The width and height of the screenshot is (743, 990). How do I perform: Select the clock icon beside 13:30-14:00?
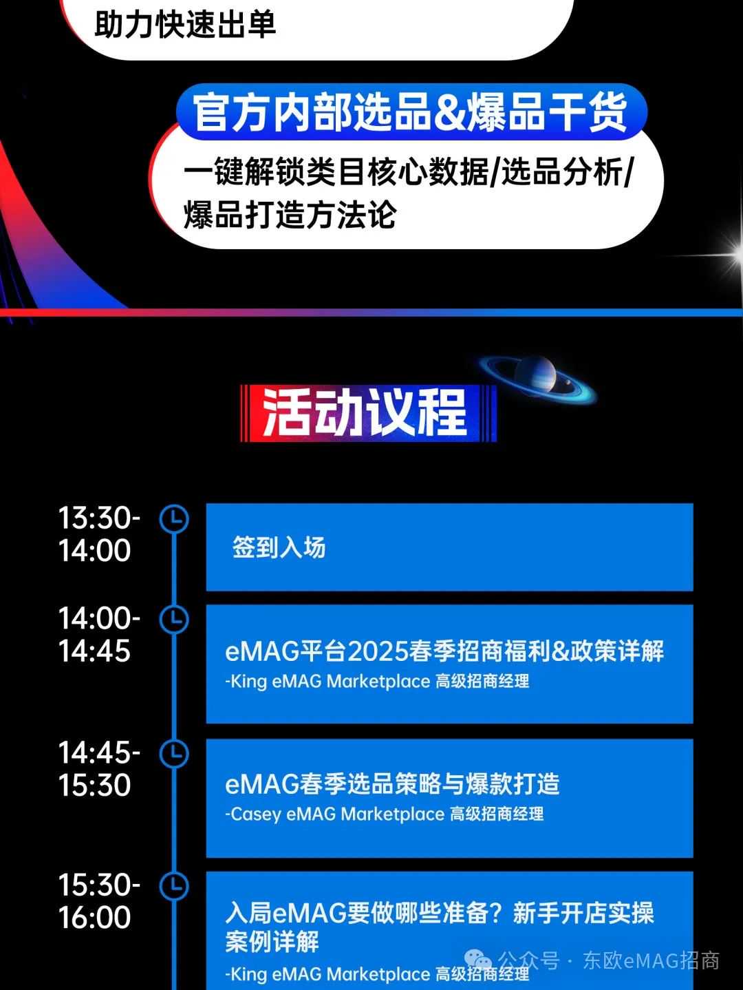[x=174, y=519]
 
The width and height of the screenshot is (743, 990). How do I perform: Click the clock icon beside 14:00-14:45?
[x=174, y=619]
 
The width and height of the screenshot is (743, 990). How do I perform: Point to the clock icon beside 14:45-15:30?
[x=174, y=753]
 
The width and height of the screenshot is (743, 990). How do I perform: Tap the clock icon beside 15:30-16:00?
[x=174, y=885]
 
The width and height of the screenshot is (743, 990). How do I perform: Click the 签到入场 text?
[x=279, y=548]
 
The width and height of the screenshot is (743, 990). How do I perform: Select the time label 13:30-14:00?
[x=98, y=534]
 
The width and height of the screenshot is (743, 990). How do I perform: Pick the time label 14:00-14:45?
[x=98, y=635]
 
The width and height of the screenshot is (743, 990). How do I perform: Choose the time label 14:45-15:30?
[x=98, y=769]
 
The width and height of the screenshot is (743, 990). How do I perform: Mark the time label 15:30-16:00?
[x=98, y=901]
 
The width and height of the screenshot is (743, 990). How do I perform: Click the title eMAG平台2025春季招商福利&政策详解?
[x=444, y=651]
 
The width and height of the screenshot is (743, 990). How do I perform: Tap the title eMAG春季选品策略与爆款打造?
[x=392, y=783]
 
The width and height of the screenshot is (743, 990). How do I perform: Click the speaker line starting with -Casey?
[x=384, y=814]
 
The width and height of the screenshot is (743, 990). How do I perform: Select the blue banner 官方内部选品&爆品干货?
[x=411, y=112]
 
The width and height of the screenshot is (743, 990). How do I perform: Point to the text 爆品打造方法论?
[x=290, y=214]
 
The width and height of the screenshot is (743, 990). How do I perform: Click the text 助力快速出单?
[x=186, y=25]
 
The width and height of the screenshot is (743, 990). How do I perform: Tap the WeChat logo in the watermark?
[x=478, y=960]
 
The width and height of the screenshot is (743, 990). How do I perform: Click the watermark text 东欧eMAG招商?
[x=651, y=960]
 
